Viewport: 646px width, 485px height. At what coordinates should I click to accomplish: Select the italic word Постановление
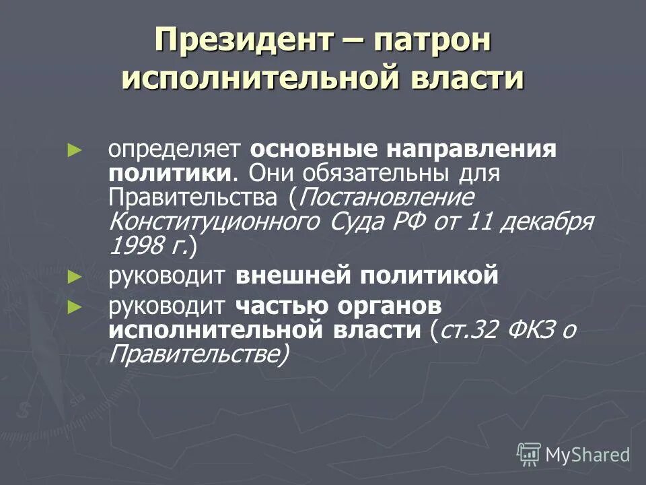coord(385,198)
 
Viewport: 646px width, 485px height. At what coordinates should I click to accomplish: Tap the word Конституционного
coord(215,222)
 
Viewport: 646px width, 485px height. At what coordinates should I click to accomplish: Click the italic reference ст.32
coord(468,330)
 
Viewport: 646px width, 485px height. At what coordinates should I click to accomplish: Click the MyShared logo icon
coord(529,455)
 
